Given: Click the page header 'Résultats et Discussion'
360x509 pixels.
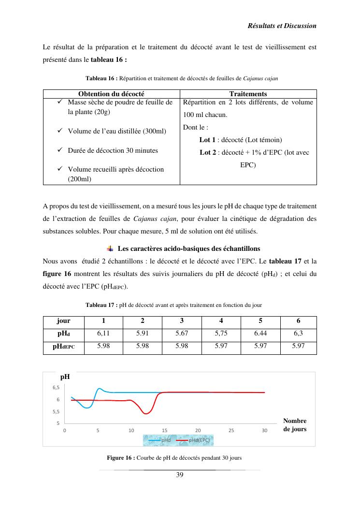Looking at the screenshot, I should pos(282,26).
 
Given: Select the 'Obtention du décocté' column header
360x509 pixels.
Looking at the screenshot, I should pos(111,94).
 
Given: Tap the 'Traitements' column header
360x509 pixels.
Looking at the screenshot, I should pos(248,94).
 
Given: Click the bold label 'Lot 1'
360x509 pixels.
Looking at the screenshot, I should pos(207,140).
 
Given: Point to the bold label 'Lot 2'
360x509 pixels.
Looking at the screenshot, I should pos(208,153).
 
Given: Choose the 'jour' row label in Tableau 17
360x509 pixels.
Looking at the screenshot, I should pos(63,321).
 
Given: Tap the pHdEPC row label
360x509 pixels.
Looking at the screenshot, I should pos(63,347).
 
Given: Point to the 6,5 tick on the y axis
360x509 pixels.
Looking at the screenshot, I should pos(56,388).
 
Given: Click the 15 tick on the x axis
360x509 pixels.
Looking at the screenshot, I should pos(164,430).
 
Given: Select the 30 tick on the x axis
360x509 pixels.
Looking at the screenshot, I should pos(264,430).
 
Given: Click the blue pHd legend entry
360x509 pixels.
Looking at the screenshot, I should pos(160,440).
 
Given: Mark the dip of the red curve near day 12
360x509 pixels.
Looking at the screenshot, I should pos(146,413).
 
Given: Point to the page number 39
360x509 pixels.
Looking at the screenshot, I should pos(179,475).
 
